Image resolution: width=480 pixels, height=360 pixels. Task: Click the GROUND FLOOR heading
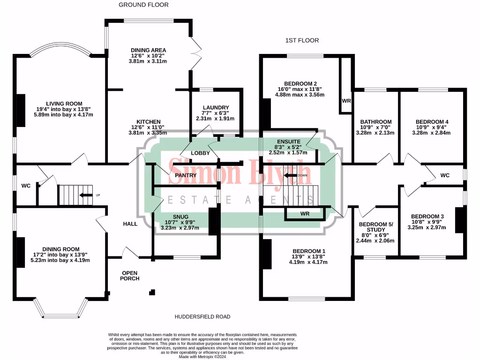coord(143,5)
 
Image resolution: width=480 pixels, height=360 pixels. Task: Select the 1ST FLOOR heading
coord(302,41)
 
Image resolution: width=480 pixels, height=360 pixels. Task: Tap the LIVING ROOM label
coord(64,104)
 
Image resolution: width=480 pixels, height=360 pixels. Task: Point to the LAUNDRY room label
coord(216,107)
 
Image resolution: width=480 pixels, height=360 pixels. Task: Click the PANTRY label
coord(185,175)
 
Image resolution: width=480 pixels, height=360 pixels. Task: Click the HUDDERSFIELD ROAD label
coord(202,317)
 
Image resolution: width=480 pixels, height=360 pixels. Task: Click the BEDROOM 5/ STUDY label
coord(375,226)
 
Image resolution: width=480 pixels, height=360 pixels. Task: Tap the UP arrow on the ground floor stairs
coord(85,195)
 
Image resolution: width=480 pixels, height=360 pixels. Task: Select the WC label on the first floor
coord(444,175)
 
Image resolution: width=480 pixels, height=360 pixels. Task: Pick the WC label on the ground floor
coord(26,186)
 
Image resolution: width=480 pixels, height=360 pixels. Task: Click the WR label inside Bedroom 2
coord(347,101)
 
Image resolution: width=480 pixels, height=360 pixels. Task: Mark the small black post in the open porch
coord(152,292)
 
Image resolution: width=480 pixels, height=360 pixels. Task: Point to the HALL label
coord(130,224)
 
